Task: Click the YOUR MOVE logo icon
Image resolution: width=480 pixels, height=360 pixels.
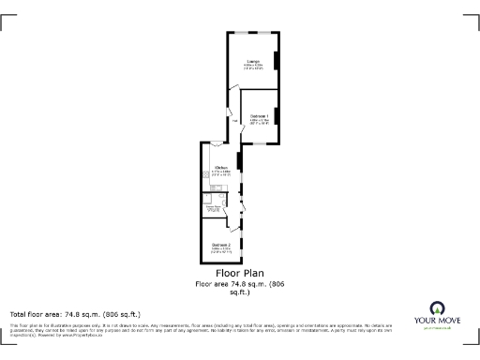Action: coord(436,307)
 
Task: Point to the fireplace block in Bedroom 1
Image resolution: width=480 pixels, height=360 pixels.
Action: coord(277,116)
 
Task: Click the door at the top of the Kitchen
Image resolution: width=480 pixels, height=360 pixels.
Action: coord(216,145)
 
